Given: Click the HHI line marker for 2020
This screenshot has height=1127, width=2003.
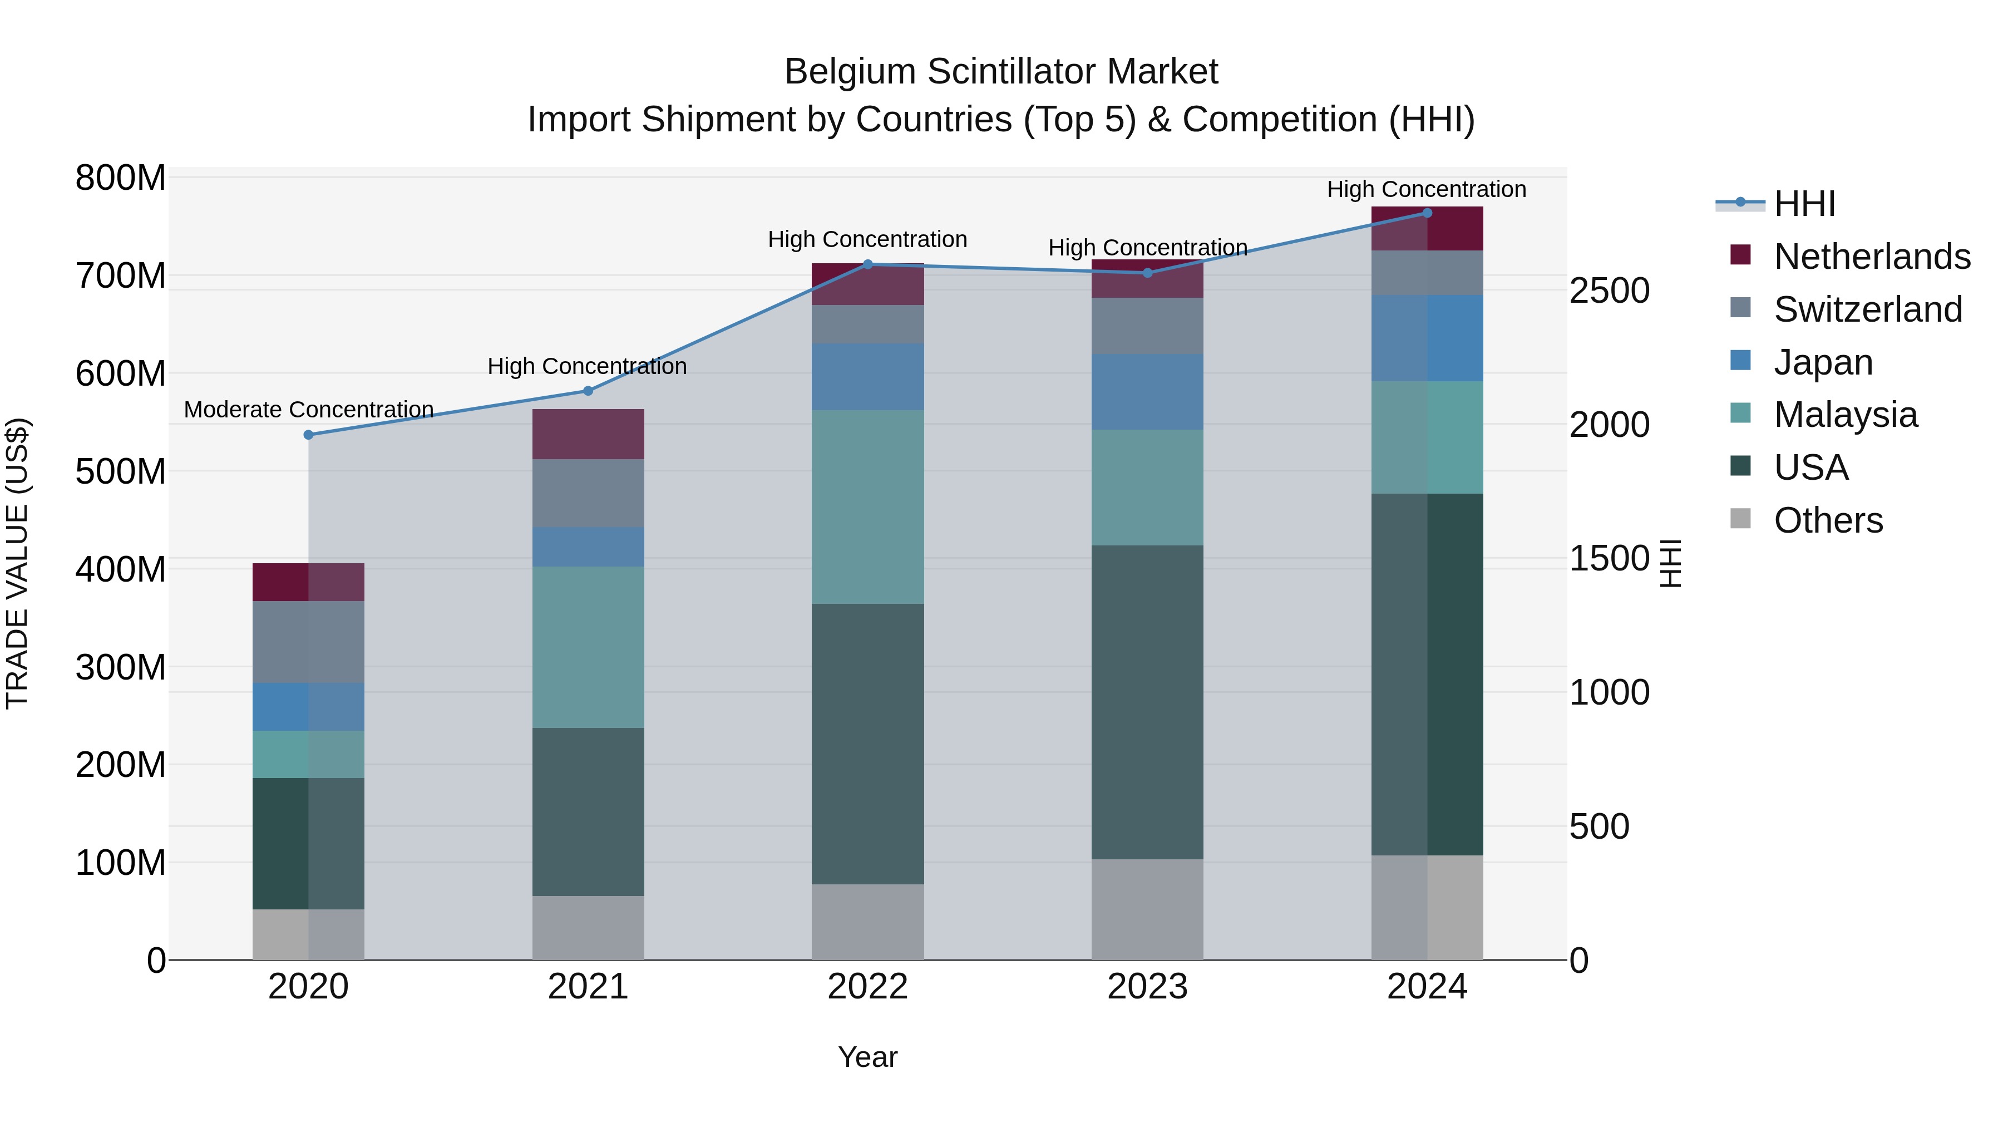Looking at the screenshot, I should click(309, 435).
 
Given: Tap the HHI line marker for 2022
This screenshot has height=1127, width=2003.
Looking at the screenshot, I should click(868, 264).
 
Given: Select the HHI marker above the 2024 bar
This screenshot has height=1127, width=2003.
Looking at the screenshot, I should click(1427, 213).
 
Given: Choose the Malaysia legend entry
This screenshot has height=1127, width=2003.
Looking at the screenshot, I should click(1845, 415).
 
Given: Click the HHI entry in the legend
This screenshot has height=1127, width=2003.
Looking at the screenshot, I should click(1804, 204).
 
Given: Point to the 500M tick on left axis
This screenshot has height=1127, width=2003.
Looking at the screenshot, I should click(121, 471).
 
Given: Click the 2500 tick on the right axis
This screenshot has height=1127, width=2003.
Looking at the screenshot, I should click(1609, 291).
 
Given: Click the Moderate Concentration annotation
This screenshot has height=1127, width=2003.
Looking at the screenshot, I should click(309, 409).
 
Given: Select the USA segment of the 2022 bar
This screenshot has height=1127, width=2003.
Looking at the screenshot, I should click(868, 743).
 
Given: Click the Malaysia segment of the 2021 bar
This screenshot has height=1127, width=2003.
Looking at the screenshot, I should click(588, 647).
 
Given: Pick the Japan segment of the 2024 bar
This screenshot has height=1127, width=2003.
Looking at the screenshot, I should click(1427, 338).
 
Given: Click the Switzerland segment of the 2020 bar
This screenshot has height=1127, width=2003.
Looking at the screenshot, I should click(309, 642).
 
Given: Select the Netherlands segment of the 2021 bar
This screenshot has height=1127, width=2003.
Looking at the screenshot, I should click(588, 434).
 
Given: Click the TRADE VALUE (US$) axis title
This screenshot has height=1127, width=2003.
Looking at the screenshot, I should click(17, 563).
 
